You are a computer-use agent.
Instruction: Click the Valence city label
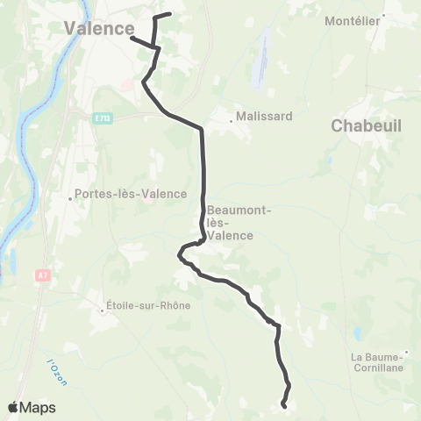99,29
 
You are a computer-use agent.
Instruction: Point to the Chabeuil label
366,126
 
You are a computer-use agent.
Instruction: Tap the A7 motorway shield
41,275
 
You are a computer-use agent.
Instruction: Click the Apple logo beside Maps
14,407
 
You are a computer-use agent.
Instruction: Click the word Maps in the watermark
39,407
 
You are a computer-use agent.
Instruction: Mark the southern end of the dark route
283,405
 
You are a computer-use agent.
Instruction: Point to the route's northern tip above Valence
169,14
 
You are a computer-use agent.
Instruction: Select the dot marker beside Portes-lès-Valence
71,198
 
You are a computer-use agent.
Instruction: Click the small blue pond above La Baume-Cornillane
358,333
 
